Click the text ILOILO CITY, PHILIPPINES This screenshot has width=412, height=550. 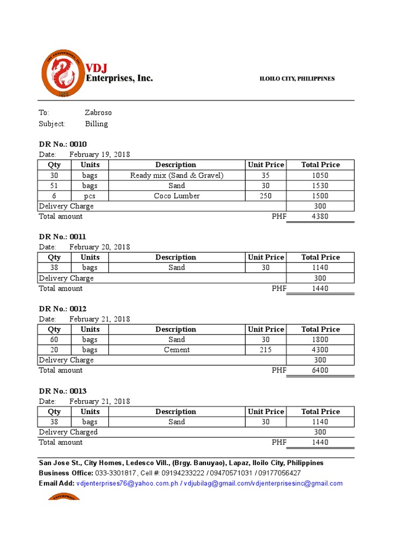coord(297,79)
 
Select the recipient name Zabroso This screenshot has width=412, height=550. coord(98,113)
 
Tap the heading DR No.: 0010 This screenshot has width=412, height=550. coord(63,144)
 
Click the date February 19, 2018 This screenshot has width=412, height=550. coord(100,155)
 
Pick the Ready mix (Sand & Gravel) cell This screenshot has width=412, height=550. coord(176,176)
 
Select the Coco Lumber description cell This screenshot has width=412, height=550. coord(176,196)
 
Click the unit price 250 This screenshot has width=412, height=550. coord(266,196)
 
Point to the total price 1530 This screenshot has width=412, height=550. coord(320,186)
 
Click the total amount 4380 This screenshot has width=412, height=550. coord(320,216)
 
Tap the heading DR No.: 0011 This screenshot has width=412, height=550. coord(63,236)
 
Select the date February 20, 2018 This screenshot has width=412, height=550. coord(100,247)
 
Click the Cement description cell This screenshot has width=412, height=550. coord(176,350)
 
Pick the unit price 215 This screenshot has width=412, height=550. coord(266,350)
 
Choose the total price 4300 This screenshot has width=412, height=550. coord(320,350)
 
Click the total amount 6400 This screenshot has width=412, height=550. coord(320,370)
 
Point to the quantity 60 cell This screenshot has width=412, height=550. coord(54,339)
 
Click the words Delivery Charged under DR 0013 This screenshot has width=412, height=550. coord(68,432)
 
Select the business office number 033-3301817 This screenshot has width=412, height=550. coord(115,473)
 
